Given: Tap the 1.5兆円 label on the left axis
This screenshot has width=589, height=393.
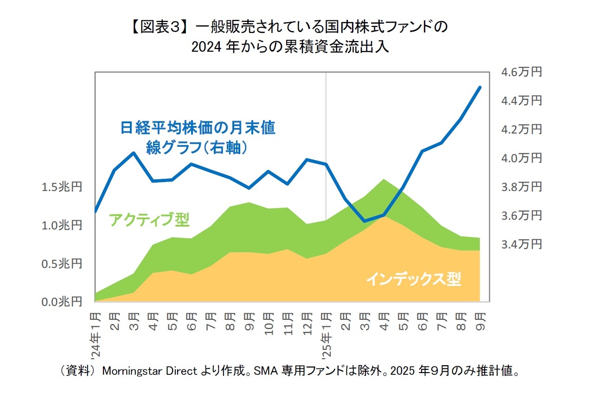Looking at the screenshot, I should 61,187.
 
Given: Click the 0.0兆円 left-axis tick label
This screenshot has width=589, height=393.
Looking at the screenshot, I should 61,302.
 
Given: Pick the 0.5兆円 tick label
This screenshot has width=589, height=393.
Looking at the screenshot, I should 61,263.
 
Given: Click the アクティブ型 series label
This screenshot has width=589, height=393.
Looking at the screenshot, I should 149,219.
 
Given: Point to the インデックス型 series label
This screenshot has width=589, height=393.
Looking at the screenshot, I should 414,279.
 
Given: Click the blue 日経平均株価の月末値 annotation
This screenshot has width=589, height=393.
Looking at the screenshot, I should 198,127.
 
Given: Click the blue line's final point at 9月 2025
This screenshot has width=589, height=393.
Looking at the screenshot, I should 480,87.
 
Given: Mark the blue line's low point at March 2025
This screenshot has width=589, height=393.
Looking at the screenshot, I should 365,221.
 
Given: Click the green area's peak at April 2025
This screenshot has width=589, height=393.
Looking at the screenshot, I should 384,179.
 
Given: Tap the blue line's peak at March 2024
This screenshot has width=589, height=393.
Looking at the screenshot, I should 134,153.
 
